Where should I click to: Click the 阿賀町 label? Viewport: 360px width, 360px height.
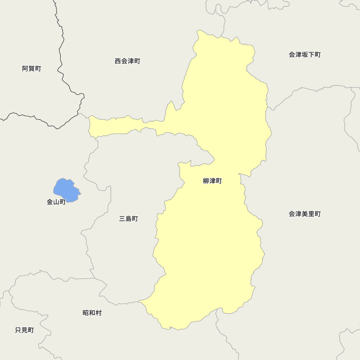point(32,69)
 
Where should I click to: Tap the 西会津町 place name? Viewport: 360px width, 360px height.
point(127,61)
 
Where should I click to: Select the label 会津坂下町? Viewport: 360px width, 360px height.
point(305,55)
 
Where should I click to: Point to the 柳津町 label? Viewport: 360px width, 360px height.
point(212,181)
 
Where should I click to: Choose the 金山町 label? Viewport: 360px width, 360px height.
point(56,202)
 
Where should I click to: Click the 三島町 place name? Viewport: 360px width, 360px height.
point(129,219)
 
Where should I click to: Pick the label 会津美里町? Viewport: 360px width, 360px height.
point(305,214)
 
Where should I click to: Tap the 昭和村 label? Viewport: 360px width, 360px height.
point(92,313)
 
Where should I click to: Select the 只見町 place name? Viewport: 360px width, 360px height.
point(24,330)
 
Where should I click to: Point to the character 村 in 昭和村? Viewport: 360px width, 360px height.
point(98,313)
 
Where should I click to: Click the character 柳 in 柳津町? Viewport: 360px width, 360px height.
point(206,181)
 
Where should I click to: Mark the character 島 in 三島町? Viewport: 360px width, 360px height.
point(129,219)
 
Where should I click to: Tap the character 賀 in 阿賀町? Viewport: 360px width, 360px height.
point(32,69)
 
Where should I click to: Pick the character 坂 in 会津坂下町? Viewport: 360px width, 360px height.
point(305,55)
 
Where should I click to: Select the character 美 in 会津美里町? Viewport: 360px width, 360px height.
point(305,214)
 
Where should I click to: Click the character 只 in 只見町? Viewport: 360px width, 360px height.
point(18,330)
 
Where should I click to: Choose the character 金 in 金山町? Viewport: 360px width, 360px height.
point(50,202)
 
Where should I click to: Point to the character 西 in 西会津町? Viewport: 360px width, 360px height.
point(118,61)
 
